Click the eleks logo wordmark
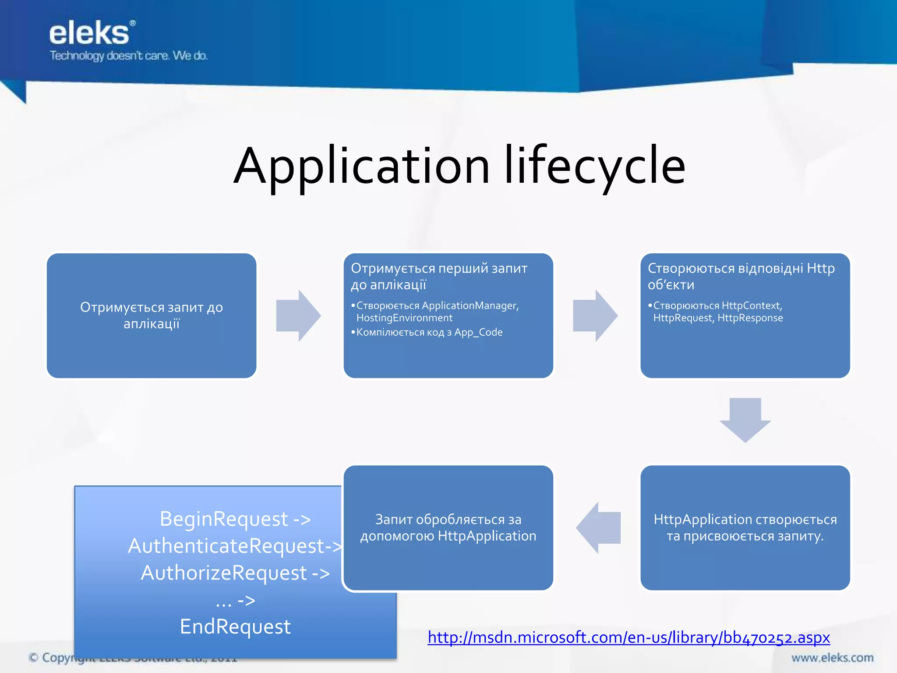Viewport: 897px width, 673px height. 90,34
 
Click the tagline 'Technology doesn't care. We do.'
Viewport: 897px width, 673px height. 129,56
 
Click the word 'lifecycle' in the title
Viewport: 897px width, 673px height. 595,166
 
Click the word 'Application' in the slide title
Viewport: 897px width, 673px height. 362,166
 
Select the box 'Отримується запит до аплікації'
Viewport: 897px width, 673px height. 152,315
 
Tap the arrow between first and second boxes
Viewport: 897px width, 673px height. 298,315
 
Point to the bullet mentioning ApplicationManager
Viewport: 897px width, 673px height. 437,312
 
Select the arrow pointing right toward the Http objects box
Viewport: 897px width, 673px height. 595,315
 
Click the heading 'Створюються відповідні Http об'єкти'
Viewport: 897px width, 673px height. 741,276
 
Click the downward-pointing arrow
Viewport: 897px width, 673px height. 745,420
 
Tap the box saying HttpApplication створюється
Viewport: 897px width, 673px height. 745,528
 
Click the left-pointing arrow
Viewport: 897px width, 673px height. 599,528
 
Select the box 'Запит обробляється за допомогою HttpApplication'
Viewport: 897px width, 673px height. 448,528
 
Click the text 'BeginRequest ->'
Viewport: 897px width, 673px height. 235,519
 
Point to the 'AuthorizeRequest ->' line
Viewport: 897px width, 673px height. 235,573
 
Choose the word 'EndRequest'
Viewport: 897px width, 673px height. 235,627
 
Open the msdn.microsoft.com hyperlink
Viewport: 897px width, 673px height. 629,637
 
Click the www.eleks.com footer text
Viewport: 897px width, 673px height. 832,658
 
